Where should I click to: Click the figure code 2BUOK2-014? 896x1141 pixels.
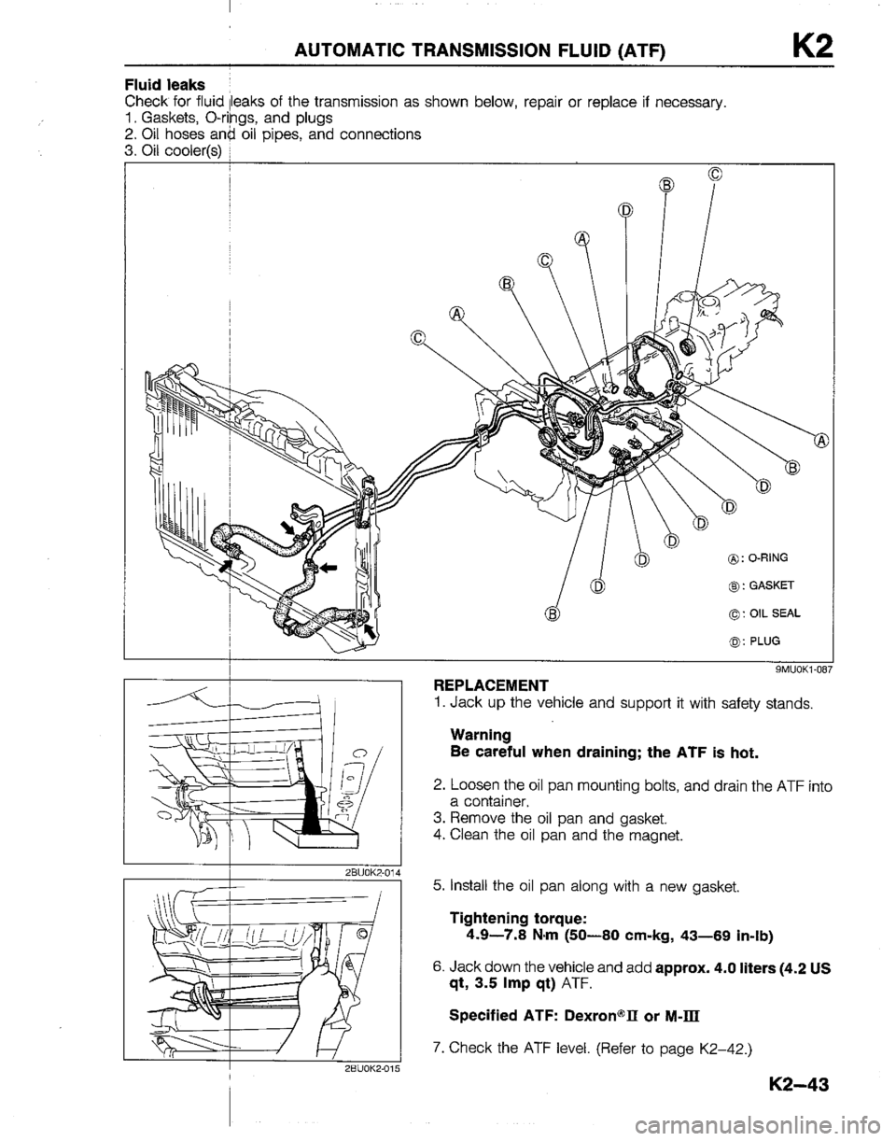364,872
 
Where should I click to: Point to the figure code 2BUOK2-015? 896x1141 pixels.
364,1069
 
